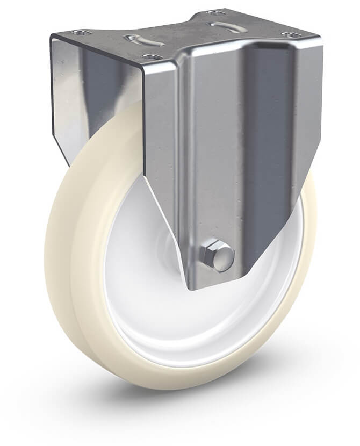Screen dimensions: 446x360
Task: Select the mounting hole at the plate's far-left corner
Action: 79,33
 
